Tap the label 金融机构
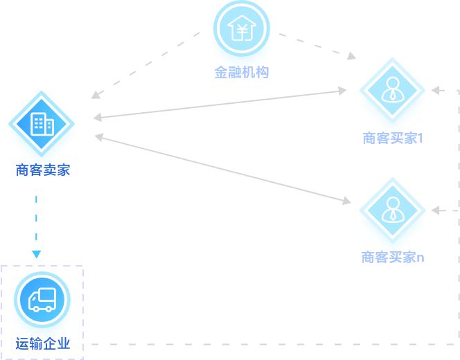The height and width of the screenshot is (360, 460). [x=241, y=72]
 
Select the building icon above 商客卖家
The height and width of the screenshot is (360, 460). [x=42, y=124]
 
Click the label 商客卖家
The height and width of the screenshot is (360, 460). [x=43, y=170]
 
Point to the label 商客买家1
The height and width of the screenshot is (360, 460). [x=393, y=138]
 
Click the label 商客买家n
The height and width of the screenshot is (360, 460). [x=393, y=258]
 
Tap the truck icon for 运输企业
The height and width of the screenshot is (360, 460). [x=42, y=300]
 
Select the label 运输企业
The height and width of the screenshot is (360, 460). [x=43, y=343]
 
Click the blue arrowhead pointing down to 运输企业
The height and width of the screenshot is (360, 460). [x=36, y=254]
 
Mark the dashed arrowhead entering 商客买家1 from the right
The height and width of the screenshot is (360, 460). [x=435, y=90]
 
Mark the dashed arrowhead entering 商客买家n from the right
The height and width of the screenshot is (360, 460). [x=435, y=210]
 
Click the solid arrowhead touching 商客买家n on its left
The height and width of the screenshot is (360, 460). [x=346, y=201]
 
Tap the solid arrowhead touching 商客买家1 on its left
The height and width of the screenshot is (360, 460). [x=342, y=90]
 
